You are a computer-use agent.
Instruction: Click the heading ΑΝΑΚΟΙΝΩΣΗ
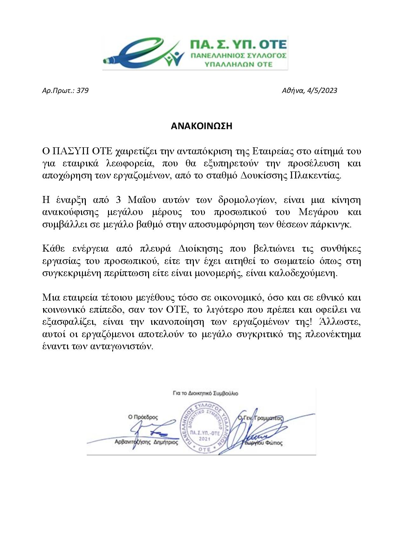[x=201, y=126]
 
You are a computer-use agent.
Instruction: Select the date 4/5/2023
[x=322, y=91]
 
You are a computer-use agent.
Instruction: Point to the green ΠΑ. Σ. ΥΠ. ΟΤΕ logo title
[x=238, y=45]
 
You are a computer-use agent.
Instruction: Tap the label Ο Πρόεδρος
[x=143, y=417]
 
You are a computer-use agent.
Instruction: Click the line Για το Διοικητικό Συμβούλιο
[x=205, y=393]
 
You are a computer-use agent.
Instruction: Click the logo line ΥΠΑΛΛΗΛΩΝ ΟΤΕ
[x=239, y=64]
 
